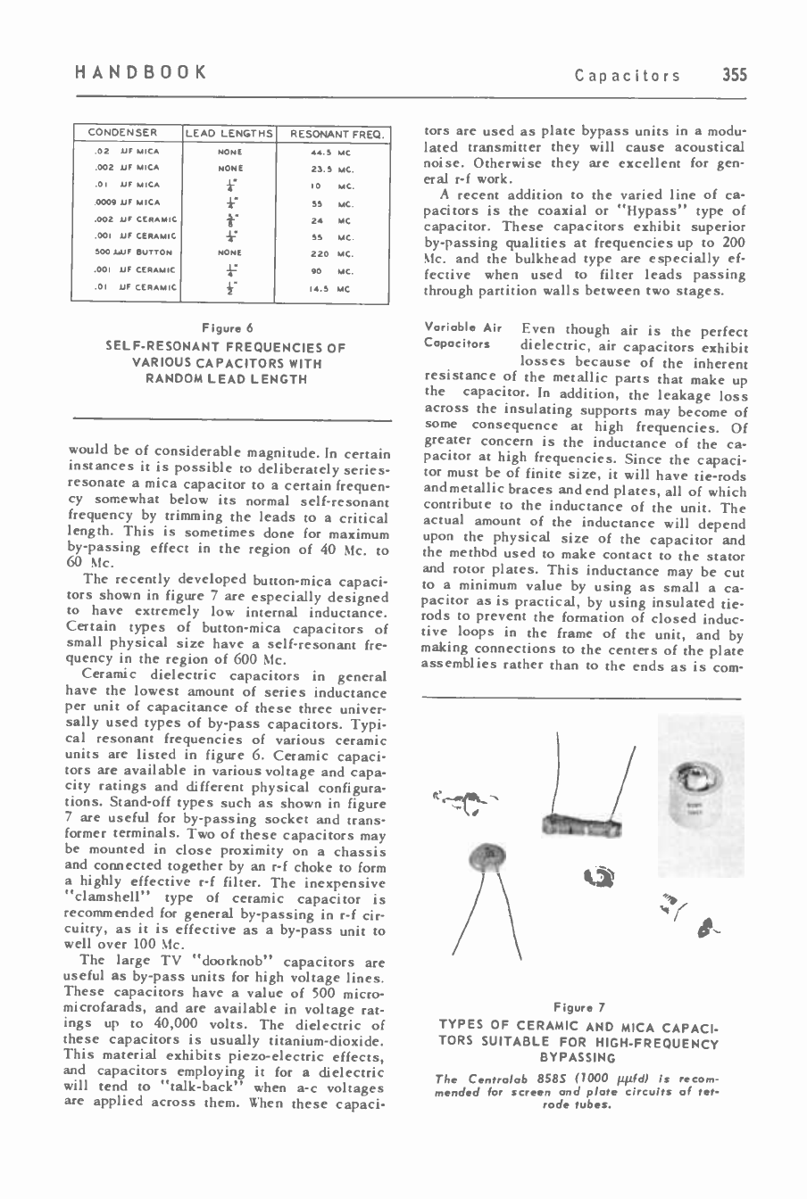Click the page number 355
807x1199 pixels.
[736, 75]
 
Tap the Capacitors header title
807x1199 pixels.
[640, 76]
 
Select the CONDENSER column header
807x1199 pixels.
[122, 134]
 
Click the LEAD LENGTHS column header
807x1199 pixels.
[229, 134]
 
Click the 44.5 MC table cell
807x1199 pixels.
[332, 152]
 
